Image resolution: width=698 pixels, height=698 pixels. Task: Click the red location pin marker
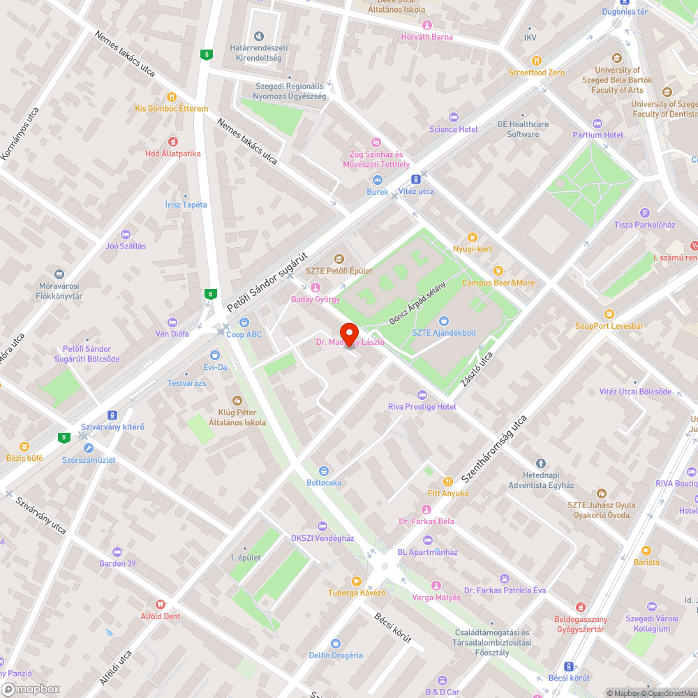[x=348, y=332]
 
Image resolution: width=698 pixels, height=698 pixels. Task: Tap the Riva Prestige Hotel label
[x=422, y=406]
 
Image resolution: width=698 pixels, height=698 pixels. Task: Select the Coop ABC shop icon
[x=244, y=322]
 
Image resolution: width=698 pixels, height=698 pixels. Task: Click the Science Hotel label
[x=453, y=129]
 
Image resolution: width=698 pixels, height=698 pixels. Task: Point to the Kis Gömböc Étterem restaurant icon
[x=171, y=97]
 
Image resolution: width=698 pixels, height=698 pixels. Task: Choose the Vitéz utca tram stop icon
[x=416, y=179]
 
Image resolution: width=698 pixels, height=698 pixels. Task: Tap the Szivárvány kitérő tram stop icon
[x=112, y=415]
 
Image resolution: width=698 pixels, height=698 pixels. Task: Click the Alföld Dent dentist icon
[x=161, y=604]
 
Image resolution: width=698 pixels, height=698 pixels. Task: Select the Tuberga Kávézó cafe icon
[x=357, y=581]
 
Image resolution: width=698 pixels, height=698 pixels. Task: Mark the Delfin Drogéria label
[x=336, y=655]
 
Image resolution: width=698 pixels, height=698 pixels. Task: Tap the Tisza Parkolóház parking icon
[x=644, y=213]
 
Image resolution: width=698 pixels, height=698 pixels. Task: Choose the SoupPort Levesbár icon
[x=609, y=314]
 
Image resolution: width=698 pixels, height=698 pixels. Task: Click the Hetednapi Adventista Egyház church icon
[x=540, y=463]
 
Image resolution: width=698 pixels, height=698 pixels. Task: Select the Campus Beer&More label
[x=498, y=283]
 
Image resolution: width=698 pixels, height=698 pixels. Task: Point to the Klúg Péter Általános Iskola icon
[x=237, y=401]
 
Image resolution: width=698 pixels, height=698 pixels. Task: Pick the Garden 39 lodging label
[x=112, y=563]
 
